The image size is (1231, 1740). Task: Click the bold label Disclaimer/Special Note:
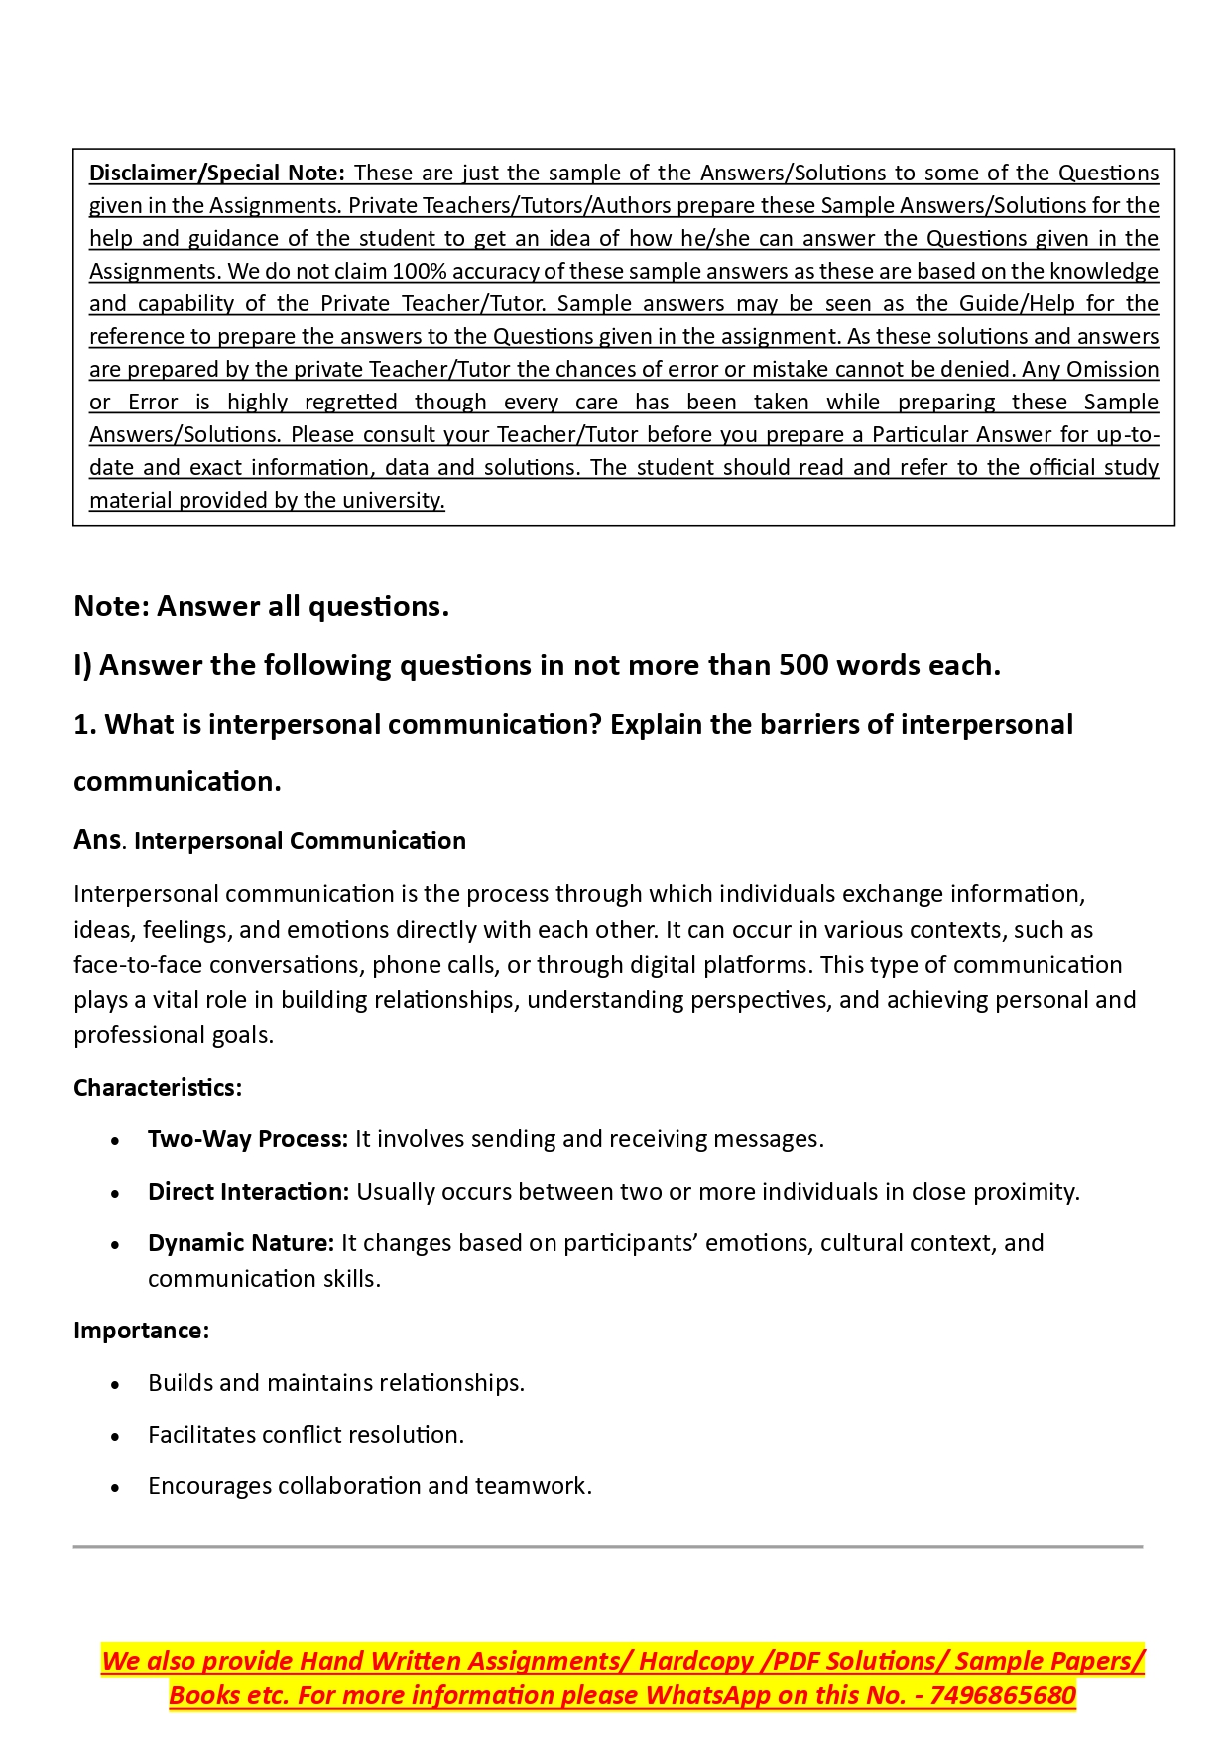pos(216,174)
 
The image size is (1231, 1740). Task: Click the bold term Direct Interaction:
pos(248,1192)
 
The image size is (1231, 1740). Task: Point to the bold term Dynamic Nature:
pos(241,1243)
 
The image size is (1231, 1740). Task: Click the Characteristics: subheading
pos(158,1088)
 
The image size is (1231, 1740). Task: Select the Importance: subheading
pos(141,1331)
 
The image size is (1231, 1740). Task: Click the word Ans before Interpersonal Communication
pos(97,840)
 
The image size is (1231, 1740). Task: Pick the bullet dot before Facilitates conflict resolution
pos(116,1436)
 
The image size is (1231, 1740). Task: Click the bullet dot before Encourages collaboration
pos(116,1487)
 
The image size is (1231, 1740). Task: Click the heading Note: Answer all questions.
pos(261,606)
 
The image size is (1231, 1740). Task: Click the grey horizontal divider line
pos(607,1546)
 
